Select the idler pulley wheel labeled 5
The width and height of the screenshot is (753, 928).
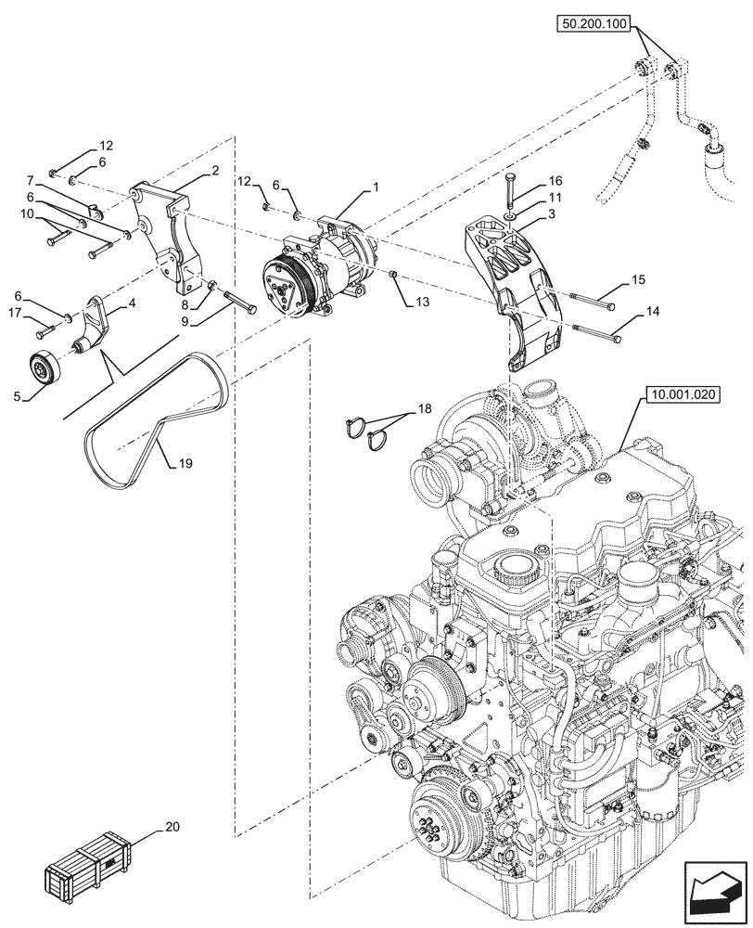pyautogui.click(x=43, y=368)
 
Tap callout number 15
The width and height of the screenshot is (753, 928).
pyautogui.click(x=638, y=278)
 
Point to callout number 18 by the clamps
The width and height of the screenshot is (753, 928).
pyautogui.click(x=425, y=408)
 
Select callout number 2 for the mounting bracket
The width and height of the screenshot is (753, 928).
pyautogui.click(x=215, y=171)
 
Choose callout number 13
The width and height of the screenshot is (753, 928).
pyautogui.click(x=423, y=303)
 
